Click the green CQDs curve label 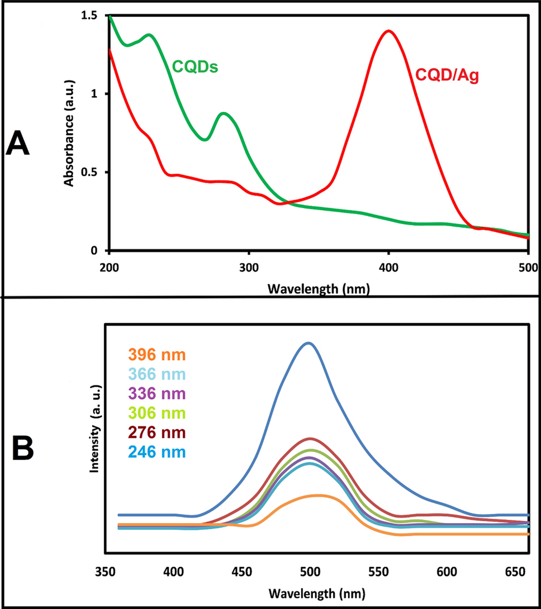coord(194,68)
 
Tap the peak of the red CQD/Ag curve coord(388,31)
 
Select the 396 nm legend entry coord(156,355)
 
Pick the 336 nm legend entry coord(156,394)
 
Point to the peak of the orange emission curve coord(317,496)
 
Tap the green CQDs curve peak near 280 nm coord(224,113)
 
